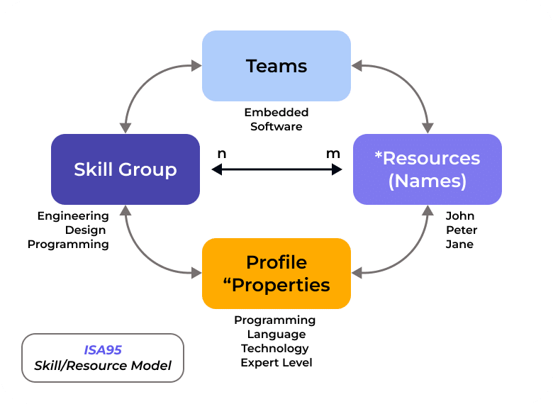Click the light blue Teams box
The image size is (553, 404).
[276, 66]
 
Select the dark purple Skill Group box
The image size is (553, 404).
[125, 169]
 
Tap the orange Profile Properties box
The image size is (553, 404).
[276, 274]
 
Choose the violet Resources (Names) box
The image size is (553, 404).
[427, 169]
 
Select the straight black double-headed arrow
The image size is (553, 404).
[276, 169]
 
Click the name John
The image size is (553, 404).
[460, 215]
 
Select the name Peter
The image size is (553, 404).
[462, 230]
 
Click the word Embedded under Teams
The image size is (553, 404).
[276, 113]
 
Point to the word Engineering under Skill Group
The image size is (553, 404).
[73, 215]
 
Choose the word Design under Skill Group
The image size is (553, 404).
[85, 230]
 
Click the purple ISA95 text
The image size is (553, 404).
[103, 349]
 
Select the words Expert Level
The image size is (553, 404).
[276, 362]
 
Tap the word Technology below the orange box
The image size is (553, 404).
[275, 348]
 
